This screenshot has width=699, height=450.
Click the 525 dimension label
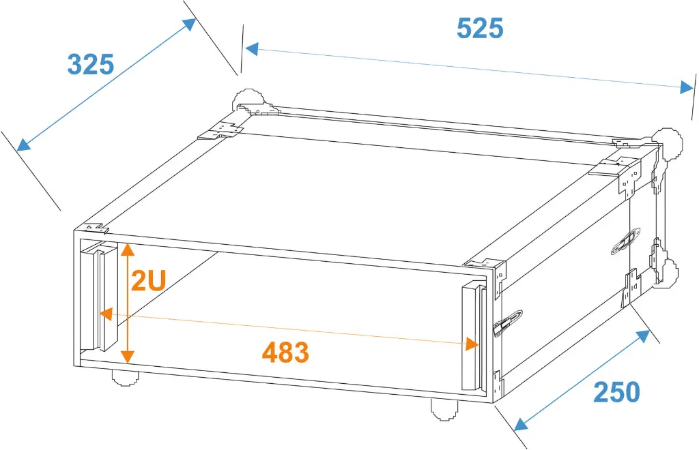(480, 29)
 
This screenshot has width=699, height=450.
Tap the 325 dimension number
(91, 64)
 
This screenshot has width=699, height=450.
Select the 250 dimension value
(616, 392)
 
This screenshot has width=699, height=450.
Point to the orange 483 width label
(285, 352)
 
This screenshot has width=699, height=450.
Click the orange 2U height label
(148, 281)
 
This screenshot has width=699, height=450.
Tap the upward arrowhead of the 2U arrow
(128, 250)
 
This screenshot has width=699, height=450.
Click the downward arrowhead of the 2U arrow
(128, 356)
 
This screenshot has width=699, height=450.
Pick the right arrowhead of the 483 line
(472, 344)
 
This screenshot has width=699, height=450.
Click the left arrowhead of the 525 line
(251, 49)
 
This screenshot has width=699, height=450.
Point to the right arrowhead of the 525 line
(687, 87)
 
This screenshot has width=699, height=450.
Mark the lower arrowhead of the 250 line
(521, 424)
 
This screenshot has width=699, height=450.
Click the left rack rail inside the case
(99, 296)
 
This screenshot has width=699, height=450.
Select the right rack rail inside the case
(474, 337)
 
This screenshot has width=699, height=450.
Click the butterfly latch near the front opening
(507, 323)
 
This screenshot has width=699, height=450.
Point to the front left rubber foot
(125, 378)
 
